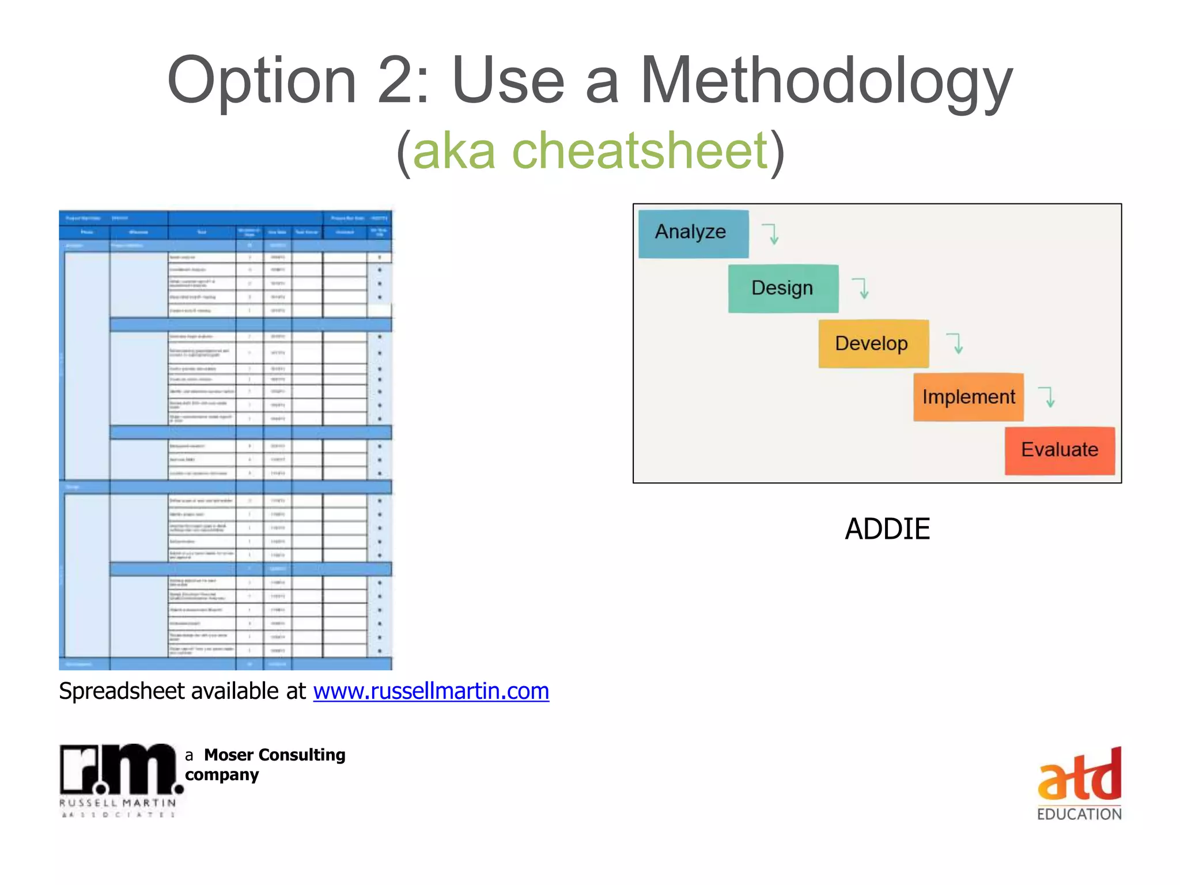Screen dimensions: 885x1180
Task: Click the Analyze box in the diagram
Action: click(693, 233)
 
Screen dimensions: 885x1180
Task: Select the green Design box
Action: click(782, 288)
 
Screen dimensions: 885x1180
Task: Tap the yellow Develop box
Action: click(873, 343)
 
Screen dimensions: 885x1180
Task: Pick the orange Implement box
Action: click(968, 397)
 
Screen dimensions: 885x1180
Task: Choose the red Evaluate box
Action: click(1059, 450)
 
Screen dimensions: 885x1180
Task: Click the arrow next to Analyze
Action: click(771, 234)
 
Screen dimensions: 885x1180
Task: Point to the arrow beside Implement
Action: click(1048, 397)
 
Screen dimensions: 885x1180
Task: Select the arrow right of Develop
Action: click(956, 343)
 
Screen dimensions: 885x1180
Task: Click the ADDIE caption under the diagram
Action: click(887, 529)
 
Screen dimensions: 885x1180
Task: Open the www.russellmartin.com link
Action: click(431, 691)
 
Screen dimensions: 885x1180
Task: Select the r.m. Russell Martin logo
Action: click(119, 778)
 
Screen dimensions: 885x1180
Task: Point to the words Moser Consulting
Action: click(274, 755)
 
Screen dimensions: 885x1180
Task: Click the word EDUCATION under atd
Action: click(1079, 814)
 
